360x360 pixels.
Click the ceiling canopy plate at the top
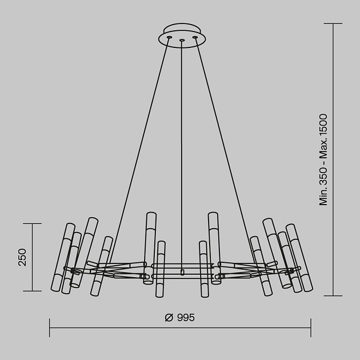[182, 31]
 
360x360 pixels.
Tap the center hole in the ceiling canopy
[182, 41]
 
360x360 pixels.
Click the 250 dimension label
[22, 257]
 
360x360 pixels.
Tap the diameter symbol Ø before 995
[169, 318]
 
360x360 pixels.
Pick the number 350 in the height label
[323, 174]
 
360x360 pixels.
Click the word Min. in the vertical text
[323, 195]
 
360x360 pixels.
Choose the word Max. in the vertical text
[323, 151]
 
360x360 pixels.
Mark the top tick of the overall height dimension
[333, 23]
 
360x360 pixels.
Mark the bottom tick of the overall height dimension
[333, 295]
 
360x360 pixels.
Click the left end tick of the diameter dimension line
[50, 327]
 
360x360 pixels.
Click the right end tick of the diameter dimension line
[311, 327]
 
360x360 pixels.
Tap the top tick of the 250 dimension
[33, 223]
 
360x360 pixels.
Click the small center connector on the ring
[182, 272]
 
